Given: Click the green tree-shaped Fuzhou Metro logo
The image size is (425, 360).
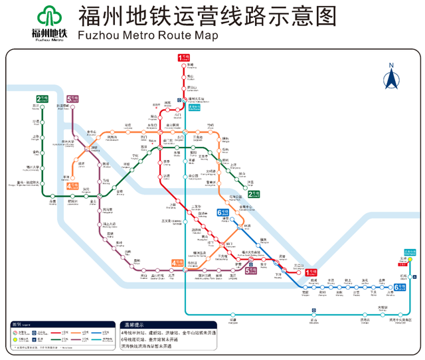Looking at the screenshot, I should pos(48,18).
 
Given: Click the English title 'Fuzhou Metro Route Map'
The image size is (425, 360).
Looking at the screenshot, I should pos(147,36).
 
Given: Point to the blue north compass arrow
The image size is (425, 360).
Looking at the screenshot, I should pos(391,78).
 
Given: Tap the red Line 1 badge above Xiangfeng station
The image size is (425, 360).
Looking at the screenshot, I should pos(183,58).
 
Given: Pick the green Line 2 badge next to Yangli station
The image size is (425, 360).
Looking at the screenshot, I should pos(254,194).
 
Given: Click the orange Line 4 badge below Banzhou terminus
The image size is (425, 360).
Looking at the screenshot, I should pos(72,187).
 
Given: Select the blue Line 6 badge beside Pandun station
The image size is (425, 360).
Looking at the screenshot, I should pos(224,213).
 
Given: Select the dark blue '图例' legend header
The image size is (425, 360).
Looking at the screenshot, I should pos(19,324).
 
